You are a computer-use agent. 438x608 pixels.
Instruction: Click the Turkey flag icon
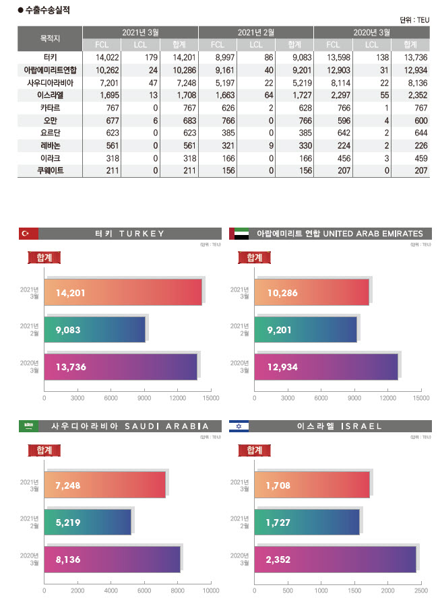(x=28, y=234)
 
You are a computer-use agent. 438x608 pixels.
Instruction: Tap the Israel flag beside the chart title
(x=239, y=426)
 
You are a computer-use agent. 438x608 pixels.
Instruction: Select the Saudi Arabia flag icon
(x=28, y=426)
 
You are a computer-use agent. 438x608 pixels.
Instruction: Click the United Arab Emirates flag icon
(x=239, y=234)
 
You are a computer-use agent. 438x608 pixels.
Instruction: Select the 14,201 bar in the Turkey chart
(x=123, y=293)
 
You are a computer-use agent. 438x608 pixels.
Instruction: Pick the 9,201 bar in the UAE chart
(x=305, y=330)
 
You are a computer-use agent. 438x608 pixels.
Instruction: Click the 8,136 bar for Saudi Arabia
(x=112, y=558)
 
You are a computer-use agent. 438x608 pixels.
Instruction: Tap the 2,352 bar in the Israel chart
(x=335, y=558)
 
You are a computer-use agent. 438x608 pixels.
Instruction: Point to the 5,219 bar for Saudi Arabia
(x=88, y=521)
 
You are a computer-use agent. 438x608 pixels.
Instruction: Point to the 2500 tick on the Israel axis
(x=421, y=590)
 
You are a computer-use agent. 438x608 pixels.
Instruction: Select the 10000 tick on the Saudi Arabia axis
(x=211, y=590)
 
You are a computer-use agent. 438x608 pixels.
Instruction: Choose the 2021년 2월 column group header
(x=255, y=32)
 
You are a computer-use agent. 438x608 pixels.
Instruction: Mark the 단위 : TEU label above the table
(x=414, y=20)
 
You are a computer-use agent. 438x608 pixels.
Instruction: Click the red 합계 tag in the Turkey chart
(x=44, y=257)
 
